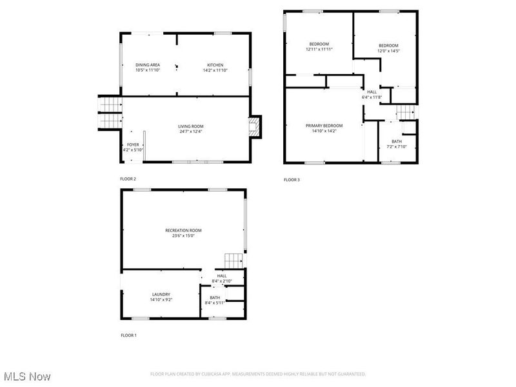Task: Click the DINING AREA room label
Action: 148,64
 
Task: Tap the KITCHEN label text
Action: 215,64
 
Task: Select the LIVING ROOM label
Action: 191,126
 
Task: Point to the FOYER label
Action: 132,144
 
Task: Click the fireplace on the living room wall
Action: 256,126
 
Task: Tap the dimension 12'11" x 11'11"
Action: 319,49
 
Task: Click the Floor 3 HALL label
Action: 372,92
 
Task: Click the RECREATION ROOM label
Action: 183,230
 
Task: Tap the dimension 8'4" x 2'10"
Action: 221,281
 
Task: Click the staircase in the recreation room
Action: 233,261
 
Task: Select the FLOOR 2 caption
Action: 128,179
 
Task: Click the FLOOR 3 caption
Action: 292,180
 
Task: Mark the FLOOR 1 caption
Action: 128,335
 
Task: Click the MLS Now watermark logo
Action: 27,375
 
